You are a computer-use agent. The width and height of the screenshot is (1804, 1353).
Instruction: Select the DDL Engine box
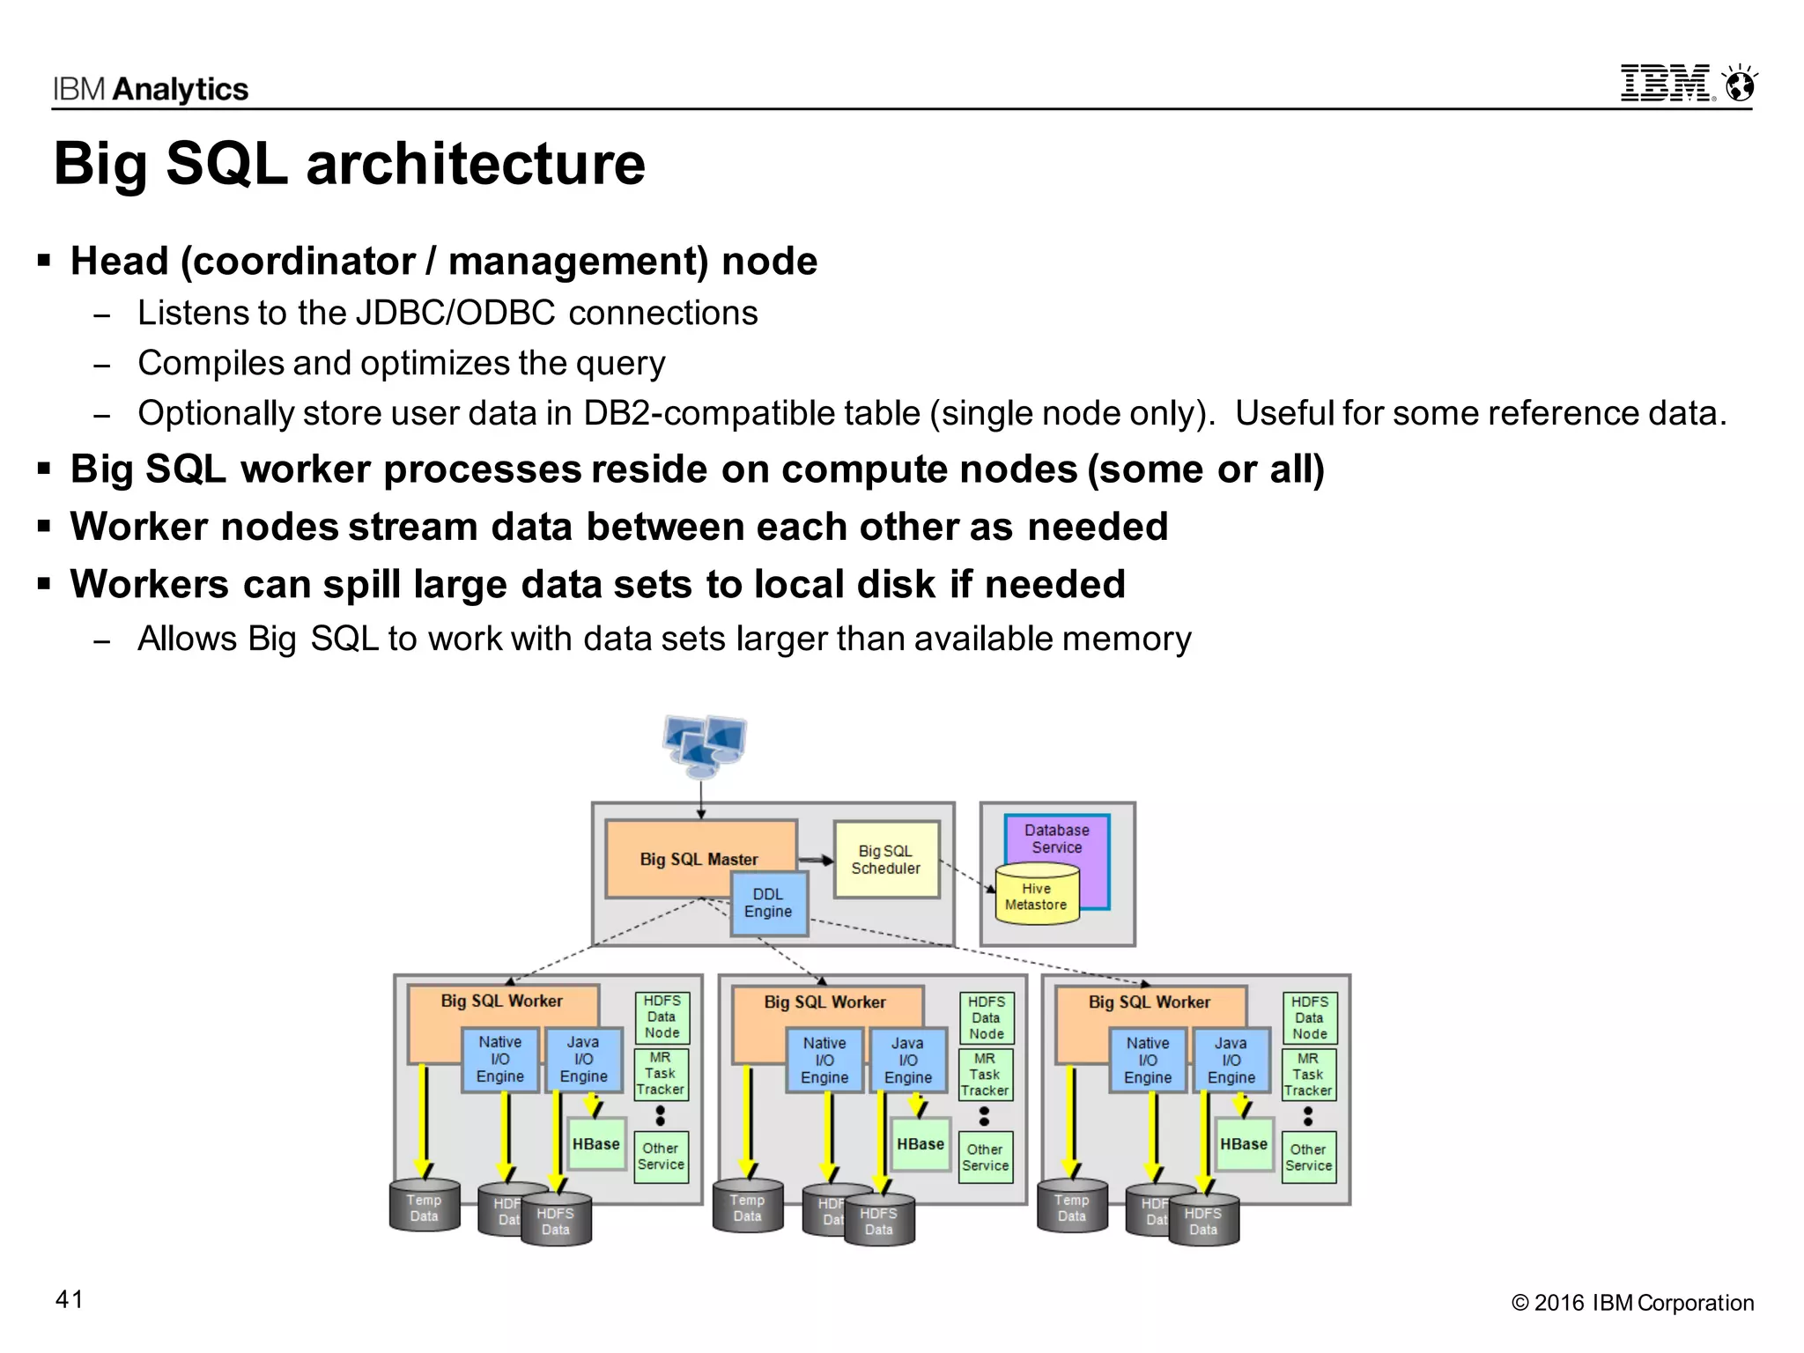pos(768,904)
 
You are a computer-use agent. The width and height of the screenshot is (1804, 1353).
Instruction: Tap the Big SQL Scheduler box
pos(885,860)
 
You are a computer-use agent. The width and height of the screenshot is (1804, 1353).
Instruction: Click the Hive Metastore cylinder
pos(1036,897)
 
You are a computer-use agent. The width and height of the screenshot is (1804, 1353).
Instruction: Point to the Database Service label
pos(1056,839)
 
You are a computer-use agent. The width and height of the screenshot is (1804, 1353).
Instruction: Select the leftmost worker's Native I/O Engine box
pos(499,1060)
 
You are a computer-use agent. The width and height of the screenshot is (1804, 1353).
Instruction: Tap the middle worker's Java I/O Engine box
pos(907,1061)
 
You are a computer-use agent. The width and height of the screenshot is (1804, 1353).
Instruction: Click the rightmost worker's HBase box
pos(1243,1144)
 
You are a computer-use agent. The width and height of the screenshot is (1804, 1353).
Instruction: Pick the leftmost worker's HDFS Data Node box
pos(662,1017)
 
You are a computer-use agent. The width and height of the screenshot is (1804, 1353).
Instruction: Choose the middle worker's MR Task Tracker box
pos(985,1075)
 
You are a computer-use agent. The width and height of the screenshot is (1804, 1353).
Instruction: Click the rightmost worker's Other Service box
pos(1308,1157)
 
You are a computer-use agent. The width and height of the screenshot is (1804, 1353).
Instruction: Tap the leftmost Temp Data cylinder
pos(424,1207)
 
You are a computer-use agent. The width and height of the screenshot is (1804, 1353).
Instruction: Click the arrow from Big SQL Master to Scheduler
pos(816,861)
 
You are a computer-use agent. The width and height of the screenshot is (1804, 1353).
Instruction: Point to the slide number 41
pos(70,1300)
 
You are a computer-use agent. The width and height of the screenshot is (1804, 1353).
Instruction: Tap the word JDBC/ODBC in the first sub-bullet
pos(455,314)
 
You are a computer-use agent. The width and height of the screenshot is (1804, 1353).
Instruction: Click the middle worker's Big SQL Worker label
pos(824,1002)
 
